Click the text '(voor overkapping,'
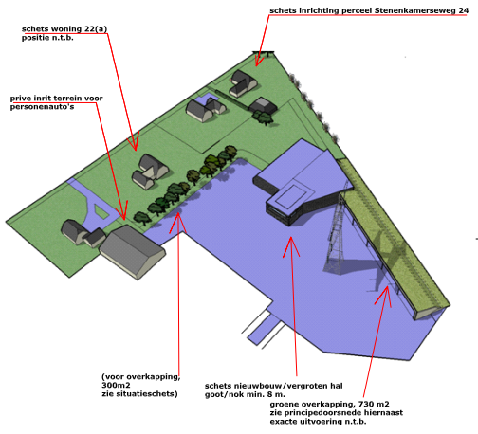click(140, 376)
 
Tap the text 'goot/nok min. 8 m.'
click(243, 394)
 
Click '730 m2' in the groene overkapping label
click(370, 405)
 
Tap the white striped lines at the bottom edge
click(262, 328)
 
